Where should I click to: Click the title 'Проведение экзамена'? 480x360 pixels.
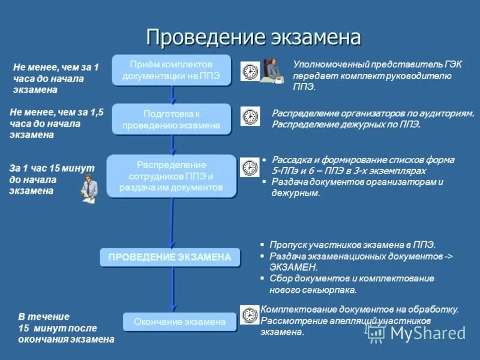point(253,37)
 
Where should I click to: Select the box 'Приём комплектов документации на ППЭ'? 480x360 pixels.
point(172,70)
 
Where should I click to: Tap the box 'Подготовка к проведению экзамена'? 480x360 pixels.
point(172,119)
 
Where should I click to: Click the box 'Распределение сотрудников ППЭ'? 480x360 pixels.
point(172,176)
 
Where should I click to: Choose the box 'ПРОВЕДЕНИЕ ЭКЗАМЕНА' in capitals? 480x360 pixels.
point(170,257)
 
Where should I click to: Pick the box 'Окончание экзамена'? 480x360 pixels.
point(180,322)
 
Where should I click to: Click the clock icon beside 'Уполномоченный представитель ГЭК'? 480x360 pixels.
point(250,71)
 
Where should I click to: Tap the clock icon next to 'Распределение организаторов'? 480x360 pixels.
point(250,116)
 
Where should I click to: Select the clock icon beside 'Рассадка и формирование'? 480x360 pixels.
point(250,167)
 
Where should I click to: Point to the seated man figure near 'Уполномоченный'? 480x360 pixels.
point(271,70)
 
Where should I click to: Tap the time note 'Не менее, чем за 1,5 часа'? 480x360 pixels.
point(56,123)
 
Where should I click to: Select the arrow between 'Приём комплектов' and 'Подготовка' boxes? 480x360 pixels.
point(172,94)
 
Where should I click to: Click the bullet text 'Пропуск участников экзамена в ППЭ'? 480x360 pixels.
point(352,245)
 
